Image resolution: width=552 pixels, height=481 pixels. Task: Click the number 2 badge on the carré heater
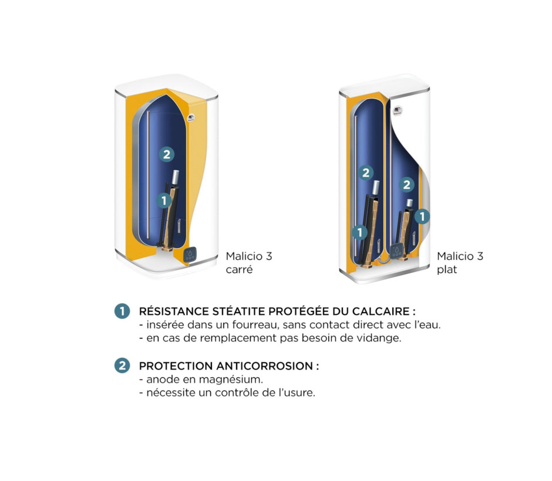coord(167,154)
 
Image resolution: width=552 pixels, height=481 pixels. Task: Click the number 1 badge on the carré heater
coord(164,201)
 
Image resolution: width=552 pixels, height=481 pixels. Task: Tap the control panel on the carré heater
coord(190,255)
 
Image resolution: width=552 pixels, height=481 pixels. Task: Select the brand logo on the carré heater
coord(191,118)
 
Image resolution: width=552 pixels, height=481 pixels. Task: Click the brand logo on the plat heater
coord(398,111)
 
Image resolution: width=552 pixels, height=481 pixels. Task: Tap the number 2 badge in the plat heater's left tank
coord(366,172)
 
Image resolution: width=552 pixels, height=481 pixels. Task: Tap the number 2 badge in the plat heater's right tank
coord(406,185)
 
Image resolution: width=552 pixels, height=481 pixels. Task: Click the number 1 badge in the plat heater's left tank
coord(360,232)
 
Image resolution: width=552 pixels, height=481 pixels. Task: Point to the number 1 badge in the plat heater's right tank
coord(422,216)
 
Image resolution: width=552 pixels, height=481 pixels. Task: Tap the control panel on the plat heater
coord(397,251)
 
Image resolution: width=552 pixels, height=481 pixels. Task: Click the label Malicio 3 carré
coord(249,263)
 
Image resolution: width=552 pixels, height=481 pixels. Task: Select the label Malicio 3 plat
coord(460,263)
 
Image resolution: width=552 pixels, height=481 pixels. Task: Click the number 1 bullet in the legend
coord(122,311)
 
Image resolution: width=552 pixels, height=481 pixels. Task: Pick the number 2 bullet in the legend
coord(122,365)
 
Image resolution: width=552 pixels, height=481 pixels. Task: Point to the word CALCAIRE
coord(381,311)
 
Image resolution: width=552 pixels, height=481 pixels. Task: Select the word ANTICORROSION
coord(264,366)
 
